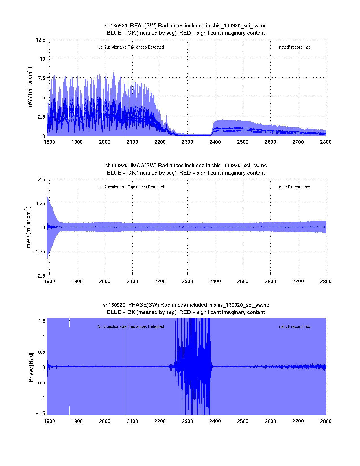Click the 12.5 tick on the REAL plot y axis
click(41, 40)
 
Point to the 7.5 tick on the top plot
click(42, 78)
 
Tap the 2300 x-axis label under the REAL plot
click(187, 142)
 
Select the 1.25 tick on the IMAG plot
click(40, 204)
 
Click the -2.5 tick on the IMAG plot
click(41, 276)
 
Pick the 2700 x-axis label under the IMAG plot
click(298, 282)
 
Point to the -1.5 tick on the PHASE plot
click(41, 413)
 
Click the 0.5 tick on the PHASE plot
click(42, 352)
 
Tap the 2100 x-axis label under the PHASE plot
click(132, 421)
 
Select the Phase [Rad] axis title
click(31, 367)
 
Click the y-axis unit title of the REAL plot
click(30, 88)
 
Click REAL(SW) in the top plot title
click(143, 26)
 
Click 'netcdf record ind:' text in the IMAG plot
click(294, 187)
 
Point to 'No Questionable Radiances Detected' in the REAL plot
click(130, 47)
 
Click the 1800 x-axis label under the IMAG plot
click(49, 282)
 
